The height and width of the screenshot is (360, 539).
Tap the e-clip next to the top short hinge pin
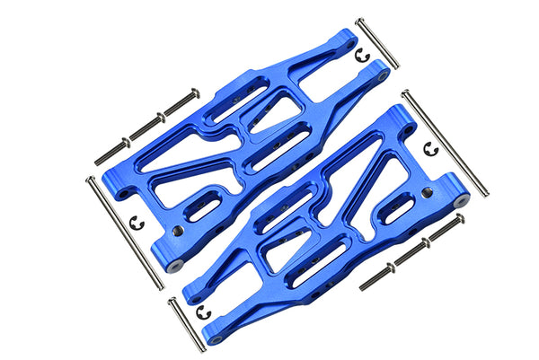pos(363,56)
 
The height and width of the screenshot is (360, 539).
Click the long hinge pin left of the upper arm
pos(125,233)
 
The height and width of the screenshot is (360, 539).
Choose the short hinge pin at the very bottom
pos(185,325)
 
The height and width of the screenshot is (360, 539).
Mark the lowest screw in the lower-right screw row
pos(376,277)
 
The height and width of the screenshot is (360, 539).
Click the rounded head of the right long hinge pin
pos(405,92)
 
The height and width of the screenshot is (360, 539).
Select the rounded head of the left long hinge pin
pos(90,179)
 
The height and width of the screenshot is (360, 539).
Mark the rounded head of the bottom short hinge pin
pos(171,300)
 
